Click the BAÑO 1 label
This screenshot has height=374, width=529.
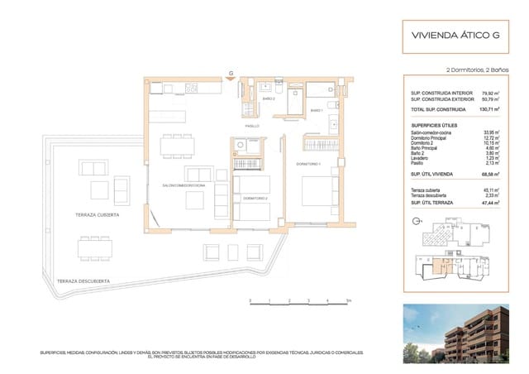[316, 111]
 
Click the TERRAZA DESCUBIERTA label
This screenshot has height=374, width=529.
[85, 281]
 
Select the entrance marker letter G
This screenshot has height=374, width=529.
[232, 74]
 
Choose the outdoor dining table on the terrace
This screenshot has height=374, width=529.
[97, 247]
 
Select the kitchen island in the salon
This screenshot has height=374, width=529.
[174, 108]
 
